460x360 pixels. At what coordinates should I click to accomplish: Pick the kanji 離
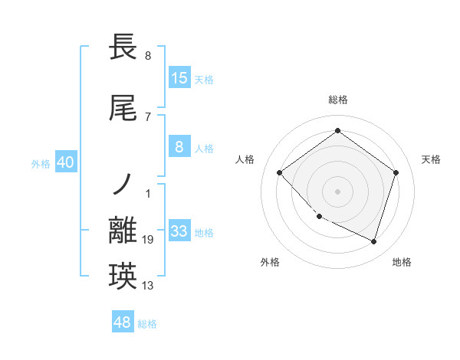pyautogui.click(x=123, y=231)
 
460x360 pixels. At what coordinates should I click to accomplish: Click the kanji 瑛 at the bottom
pyautogui.click(x=123, y=276)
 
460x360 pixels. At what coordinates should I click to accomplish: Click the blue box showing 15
pyautogui.click(x=179, y=78)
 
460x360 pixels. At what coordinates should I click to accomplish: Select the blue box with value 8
pyautogui.click(x=179, y=148)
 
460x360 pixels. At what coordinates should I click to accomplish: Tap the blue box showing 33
pyautogui.click(x=179, y=232)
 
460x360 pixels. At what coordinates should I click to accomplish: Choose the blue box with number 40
pyautogui.click(x=66, y=162)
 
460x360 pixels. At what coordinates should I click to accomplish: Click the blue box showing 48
pyautogui.click(x=123, y=322)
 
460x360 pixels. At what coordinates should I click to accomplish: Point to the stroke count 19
pyautogui.click(x=148, y=241)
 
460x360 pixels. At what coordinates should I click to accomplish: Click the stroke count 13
pyautogui.click(x=148, y=286)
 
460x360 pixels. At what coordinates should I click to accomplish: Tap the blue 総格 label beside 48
pyautogui.click(x=147, y=324)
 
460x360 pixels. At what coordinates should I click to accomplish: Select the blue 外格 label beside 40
pyautogui.click(x=41, y=163)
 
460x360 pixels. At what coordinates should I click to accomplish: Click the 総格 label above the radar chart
pyautogui.click(x=337, y=100)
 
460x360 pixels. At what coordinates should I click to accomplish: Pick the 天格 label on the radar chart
pyautogui.click(x=432, y=159)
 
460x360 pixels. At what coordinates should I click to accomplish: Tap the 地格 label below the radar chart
pyautogui.click(x=402, y=263)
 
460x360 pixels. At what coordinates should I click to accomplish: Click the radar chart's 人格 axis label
pyautogui.click(x=245, y=159)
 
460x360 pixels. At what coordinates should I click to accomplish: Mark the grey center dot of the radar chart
pyautogui.click(x=337, y=191)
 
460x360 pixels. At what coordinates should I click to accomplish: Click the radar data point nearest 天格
pyautogui.click(x=396, y=172)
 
